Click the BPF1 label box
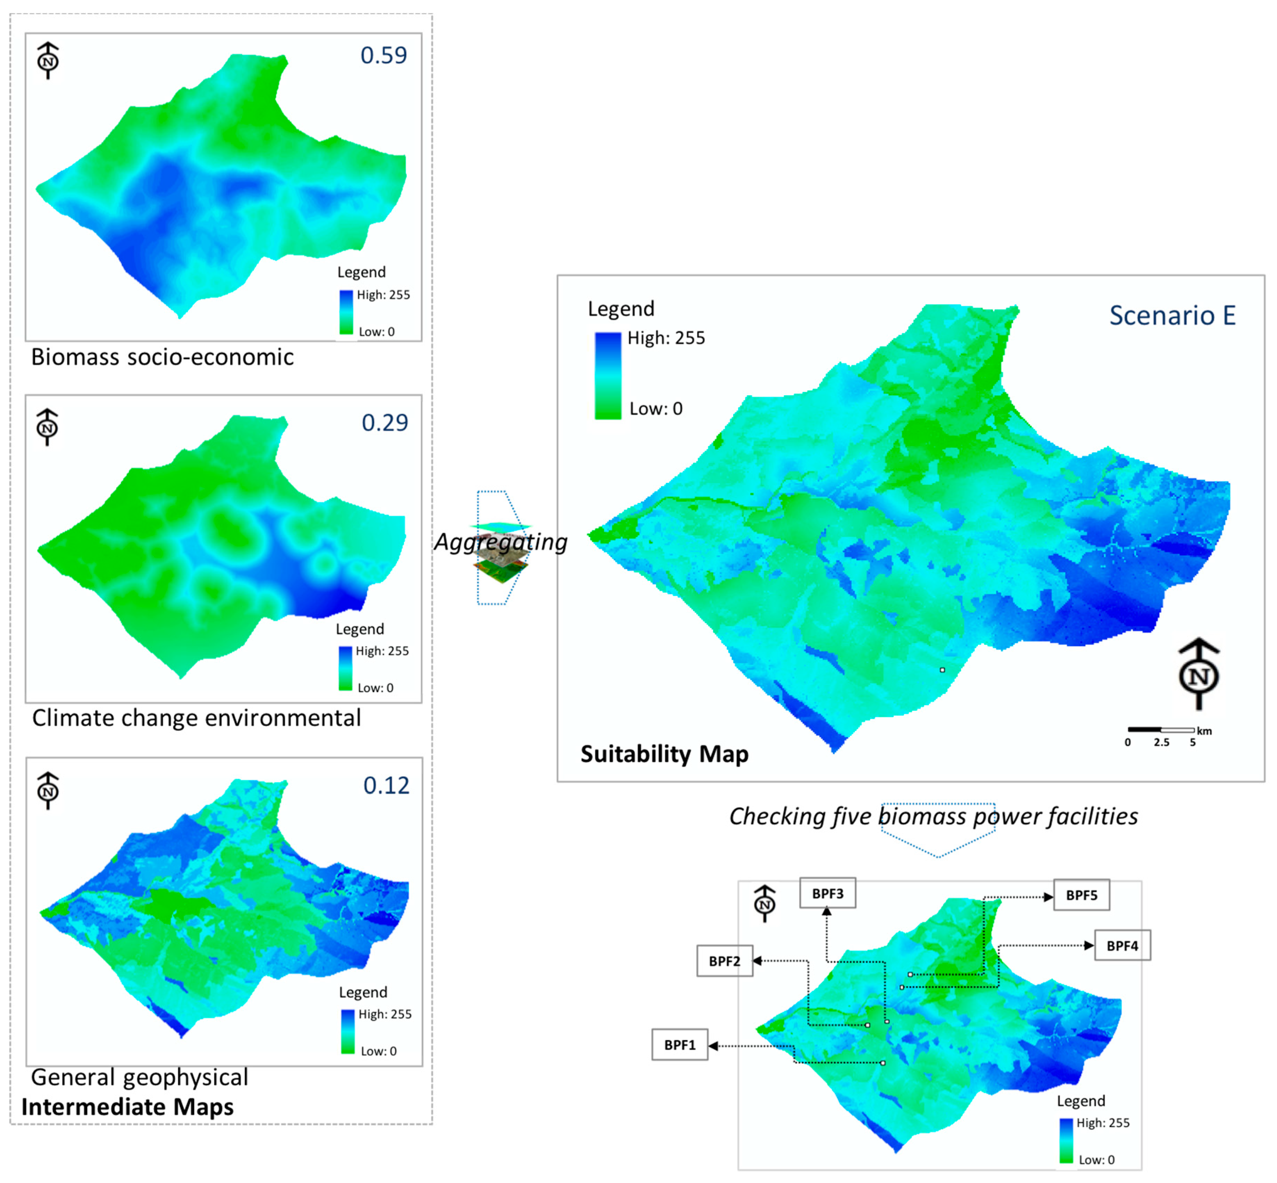pos(679,1045)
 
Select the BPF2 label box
pos(724,961)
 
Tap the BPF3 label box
pos(827,894)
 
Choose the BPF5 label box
pos(1081,895)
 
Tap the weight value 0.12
pos(386,785)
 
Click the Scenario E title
pos(1172,316)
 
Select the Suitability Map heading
pos(664,754)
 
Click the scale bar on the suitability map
pos(1161,730)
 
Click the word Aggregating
pos(501,542)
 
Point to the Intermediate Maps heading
pos(127,1107)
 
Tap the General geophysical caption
pos(140,1077)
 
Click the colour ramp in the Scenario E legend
pos(608,376)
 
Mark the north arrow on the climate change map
pos(47,427)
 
